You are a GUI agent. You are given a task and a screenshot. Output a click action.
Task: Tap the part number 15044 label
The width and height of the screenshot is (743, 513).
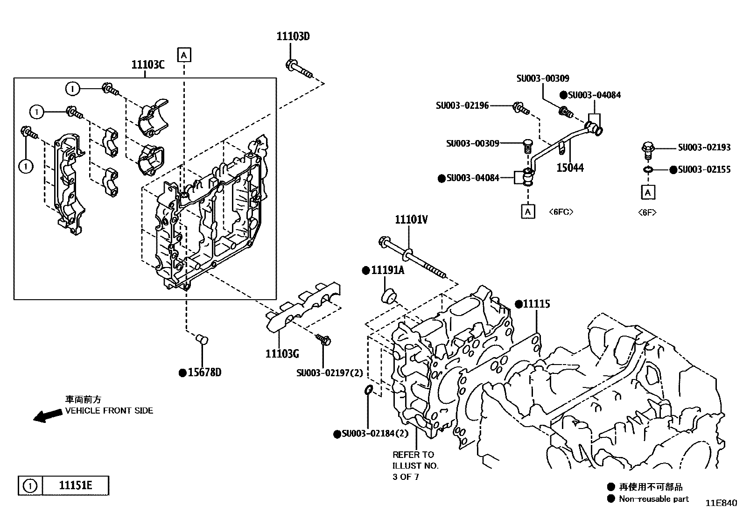coord(570,168)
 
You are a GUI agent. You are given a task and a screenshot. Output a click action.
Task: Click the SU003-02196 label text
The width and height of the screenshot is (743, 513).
coord(462,105)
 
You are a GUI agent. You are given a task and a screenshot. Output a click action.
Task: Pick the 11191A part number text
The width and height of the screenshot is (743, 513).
coord(387,270)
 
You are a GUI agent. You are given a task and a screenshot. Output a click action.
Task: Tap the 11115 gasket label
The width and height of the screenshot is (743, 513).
coord(536,304)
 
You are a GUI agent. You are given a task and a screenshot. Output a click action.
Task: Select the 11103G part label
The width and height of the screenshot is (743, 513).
coord(282,354)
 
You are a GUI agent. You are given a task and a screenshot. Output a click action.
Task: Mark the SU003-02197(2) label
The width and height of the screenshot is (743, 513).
coord(329,373)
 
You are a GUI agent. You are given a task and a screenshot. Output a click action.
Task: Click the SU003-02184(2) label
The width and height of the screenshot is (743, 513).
coord(375,433)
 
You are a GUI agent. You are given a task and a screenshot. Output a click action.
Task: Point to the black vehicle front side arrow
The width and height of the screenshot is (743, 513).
coord(48,415)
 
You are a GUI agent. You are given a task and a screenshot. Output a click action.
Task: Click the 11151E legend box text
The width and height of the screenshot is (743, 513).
coord(75,485)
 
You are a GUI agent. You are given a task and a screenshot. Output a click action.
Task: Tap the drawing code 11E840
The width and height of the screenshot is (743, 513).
coord(721,503)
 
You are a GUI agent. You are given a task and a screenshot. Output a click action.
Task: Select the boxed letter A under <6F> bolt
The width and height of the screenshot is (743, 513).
coord(648,192)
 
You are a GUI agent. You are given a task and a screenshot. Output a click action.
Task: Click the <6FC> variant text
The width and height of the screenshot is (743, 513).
coord(561,212)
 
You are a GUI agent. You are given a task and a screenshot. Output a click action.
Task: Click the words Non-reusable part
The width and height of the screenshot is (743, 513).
coord(653,499)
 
